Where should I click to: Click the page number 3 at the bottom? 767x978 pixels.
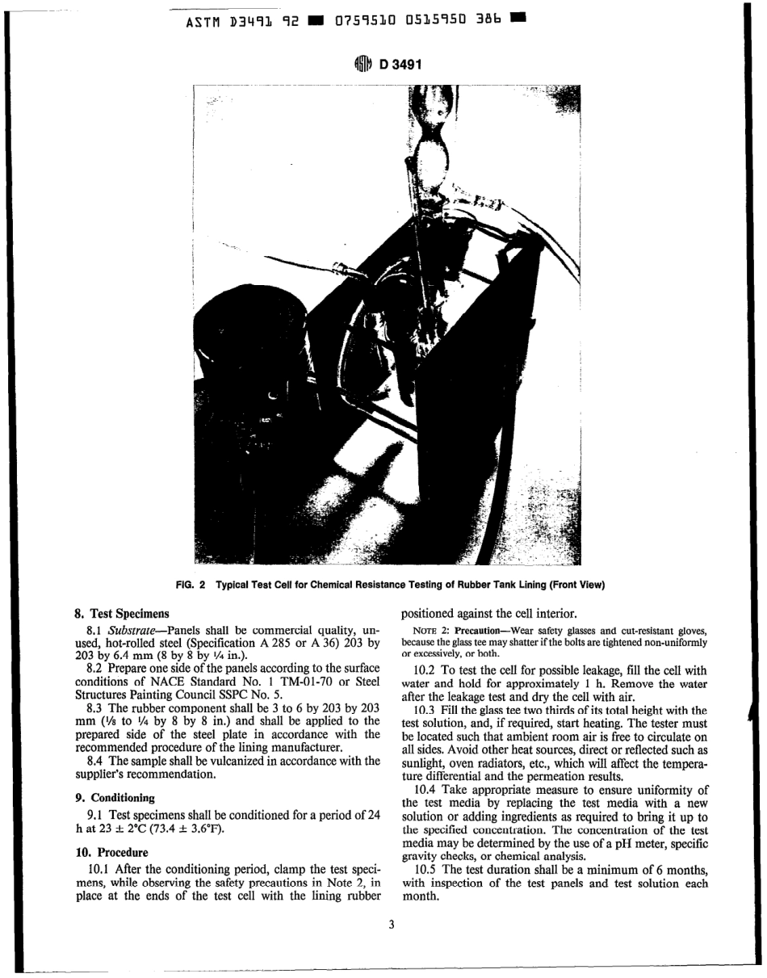tap(391, 925)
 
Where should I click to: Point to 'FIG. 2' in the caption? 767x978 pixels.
tap(191, 585)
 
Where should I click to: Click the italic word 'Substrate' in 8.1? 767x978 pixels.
tap(133, 629)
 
